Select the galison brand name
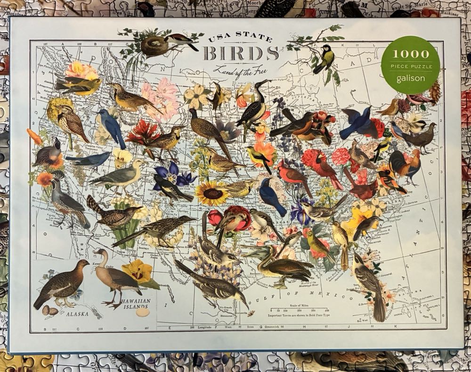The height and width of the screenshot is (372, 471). (x=410, y=78)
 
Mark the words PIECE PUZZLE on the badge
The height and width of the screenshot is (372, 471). (x=410, y=66)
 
